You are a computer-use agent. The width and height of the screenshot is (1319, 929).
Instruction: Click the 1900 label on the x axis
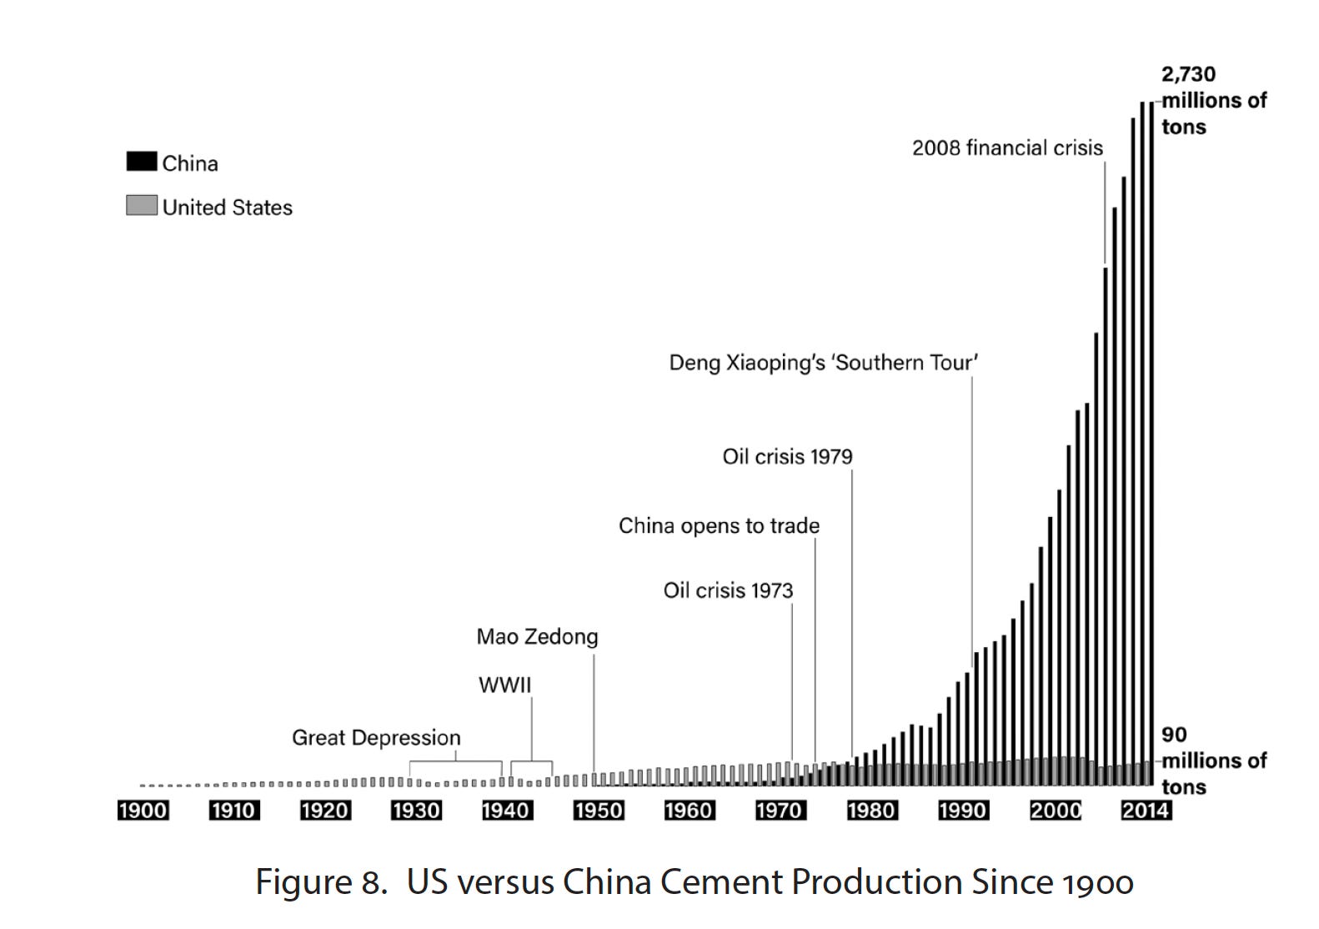point(143,811)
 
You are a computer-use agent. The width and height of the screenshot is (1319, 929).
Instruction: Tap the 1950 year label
point(599,811)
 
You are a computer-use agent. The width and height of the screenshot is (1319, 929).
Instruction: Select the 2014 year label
point(1146,811)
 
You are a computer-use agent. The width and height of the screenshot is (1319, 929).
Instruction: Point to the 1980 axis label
point(871,811)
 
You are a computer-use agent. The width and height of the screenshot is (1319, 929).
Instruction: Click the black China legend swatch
point(142,162)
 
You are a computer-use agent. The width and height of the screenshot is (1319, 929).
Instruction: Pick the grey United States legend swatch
point(142,205)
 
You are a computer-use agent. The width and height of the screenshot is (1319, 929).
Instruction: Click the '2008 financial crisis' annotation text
point(1006,148)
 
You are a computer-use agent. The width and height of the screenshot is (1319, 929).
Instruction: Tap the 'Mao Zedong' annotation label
point(537,637)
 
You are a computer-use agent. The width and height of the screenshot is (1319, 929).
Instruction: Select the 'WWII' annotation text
point(504,685)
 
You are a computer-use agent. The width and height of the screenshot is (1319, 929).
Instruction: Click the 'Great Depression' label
point(376,738)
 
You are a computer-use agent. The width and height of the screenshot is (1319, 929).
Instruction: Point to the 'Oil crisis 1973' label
point(728,591)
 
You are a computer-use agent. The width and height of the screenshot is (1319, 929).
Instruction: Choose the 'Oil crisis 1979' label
point(787,457)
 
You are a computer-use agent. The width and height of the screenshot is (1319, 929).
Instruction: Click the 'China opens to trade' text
point(719,526)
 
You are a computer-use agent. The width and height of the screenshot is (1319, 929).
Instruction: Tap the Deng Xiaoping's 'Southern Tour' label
point(823,363)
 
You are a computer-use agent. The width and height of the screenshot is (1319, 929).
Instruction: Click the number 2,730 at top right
point(1188,74)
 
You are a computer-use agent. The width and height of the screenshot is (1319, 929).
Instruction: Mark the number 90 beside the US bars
point(1174,735)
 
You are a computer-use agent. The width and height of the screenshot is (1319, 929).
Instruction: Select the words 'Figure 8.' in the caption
point(321,882)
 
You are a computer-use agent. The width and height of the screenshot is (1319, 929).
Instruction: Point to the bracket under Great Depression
point(455,762)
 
